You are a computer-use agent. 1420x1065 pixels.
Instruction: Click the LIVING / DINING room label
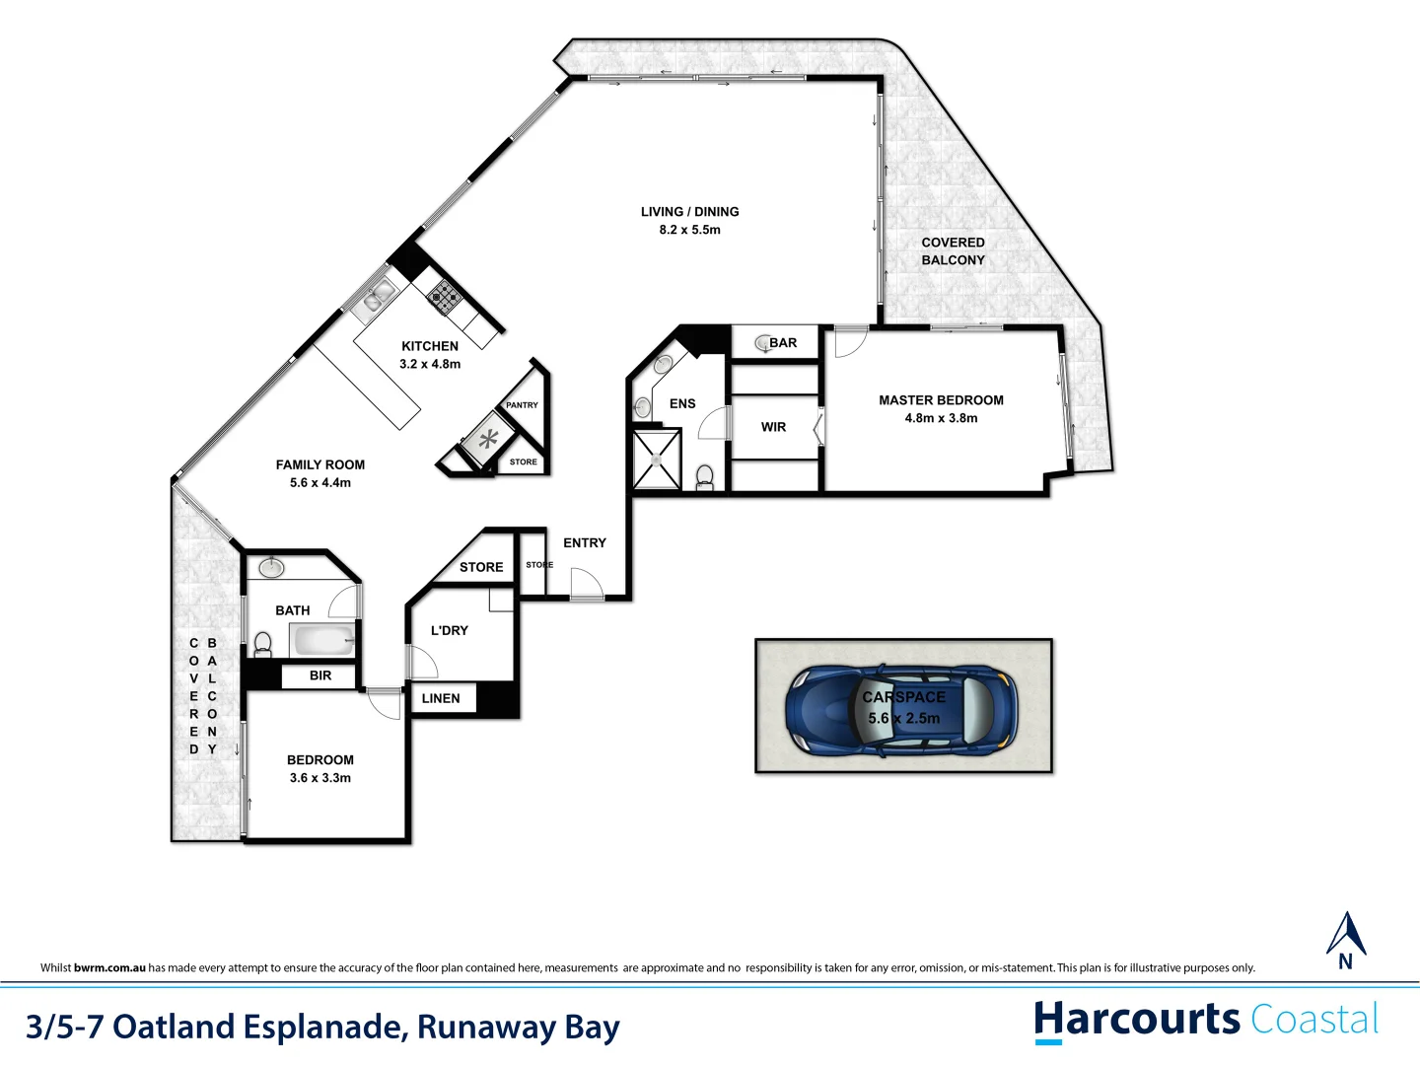(x=689, y=212)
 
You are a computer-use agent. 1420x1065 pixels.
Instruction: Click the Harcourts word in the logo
(x=1137, y=1019)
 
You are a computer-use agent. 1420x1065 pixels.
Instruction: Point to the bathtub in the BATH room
(x=322, y=641)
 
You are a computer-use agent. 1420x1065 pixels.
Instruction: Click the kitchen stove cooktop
(x=443, y=295)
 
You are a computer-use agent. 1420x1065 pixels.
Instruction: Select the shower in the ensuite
(x=657, y=459)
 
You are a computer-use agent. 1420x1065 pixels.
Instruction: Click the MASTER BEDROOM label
(x=941, y=400)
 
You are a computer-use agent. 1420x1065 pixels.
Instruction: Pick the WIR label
(x=773, y=427)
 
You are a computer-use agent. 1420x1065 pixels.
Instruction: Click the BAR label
(x=783, y=343)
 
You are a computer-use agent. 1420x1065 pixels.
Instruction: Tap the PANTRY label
(x=522, y=405)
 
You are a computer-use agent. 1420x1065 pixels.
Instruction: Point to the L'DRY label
(x=450, y=630)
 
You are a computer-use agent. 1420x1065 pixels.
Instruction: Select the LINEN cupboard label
(x=441, y=698)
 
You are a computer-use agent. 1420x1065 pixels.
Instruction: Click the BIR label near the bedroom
(x=320, y=675)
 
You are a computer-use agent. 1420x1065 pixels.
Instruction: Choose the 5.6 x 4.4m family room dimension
(x=320, y=482)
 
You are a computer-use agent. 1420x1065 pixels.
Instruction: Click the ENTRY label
(x=585, y=543)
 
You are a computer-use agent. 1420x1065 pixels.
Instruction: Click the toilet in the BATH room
(x=262, y=644)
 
